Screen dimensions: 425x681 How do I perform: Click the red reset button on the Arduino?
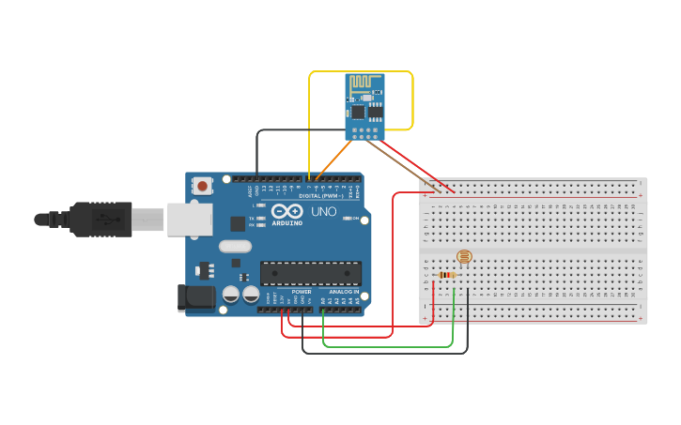tap(203, 187)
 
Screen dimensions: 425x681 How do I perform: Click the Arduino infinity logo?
tap(286, 212)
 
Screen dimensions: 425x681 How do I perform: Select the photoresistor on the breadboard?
tap(463, 256)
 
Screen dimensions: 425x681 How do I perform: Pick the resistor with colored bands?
tap(447, 275)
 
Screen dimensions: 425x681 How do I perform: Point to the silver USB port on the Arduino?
tap(189, 220)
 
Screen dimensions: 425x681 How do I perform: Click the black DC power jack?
tap(195, 297)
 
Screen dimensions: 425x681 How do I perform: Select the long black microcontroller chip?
tap(311, 273)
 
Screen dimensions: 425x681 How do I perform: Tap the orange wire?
tap(334, 159)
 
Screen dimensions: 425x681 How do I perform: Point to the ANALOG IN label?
tap(342, 292)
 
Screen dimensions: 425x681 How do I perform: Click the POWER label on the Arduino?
tap(302, 292)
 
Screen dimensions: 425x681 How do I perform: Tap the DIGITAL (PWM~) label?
tap(321, 195)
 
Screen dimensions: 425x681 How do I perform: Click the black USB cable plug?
tap(99, 220)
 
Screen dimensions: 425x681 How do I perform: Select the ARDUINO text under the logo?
tap(286, 223)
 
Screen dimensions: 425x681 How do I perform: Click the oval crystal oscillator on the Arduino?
tap(236, 247)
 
